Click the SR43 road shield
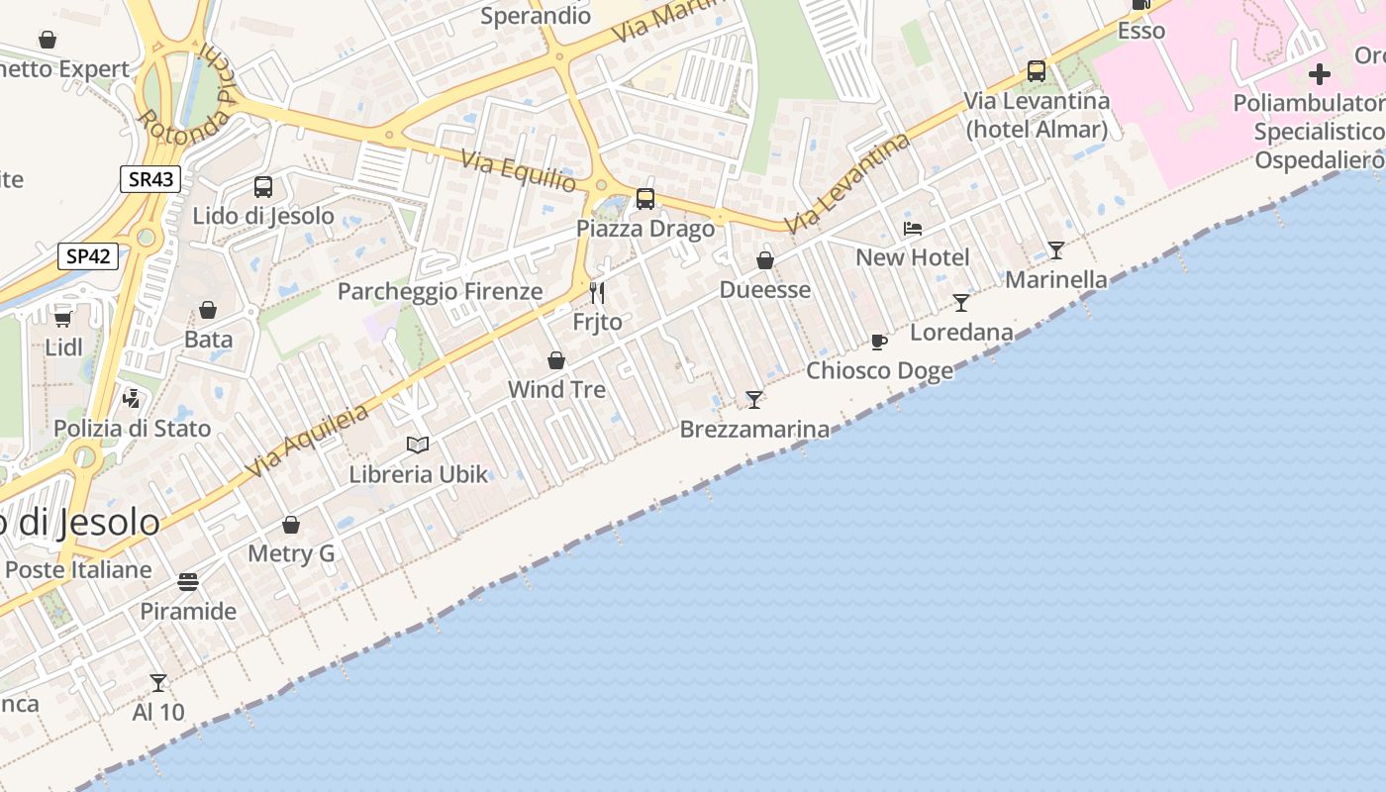point(151,179)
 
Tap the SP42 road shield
point(88,256)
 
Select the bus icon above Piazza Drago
point(645,199)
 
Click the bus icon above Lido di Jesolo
point(263,187)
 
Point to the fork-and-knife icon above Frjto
point(597,292)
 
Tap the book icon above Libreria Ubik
point(419,445)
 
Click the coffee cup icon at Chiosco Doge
point(878,343)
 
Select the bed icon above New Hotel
point(913,229)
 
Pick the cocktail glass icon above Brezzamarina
point(754,400)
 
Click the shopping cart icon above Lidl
point(63,319)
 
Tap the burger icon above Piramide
point(188,581)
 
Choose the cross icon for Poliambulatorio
point(1319,74)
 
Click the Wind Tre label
point(556,389)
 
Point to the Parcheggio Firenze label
point(440,291)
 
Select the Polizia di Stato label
point(132,428)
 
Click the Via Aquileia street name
point(307,441)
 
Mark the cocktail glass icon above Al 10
point(158,683)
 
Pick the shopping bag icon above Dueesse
point(765,260)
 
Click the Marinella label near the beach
point(1056,280)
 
